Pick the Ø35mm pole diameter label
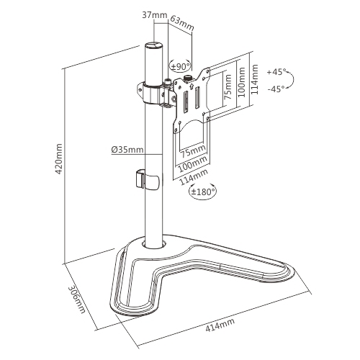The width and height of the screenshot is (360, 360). point(127,150)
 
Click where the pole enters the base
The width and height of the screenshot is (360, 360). point(156,245)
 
